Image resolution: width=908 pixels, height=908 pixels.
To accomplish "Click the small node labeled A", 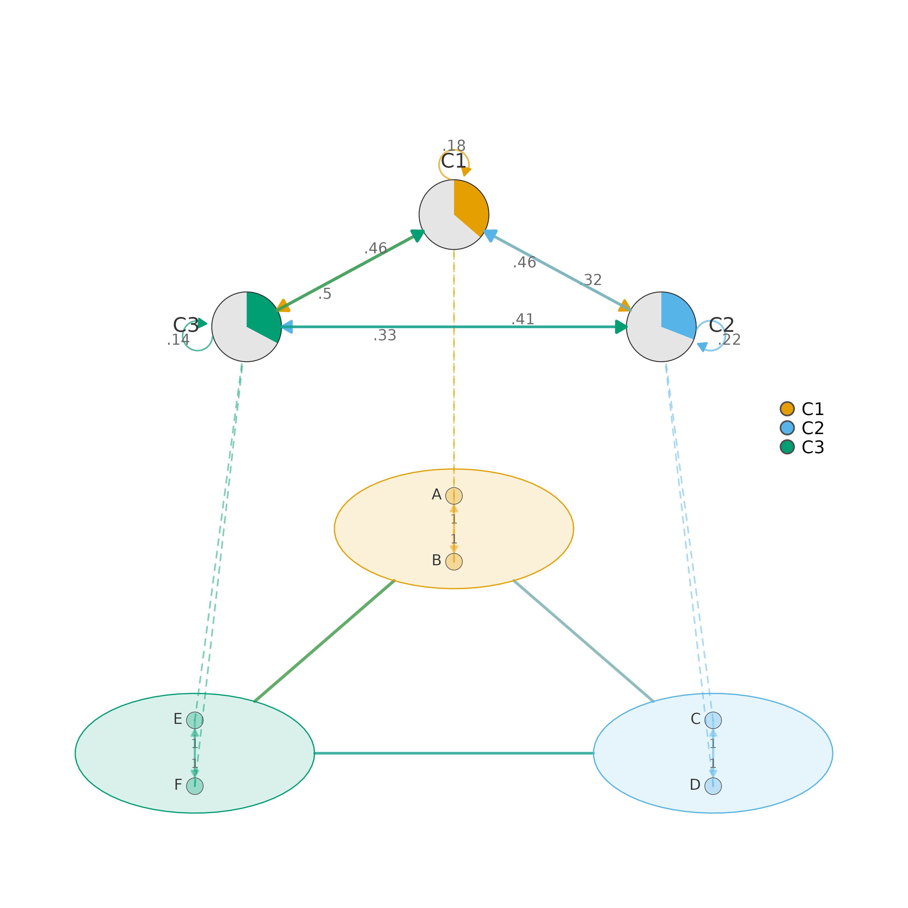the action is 454,496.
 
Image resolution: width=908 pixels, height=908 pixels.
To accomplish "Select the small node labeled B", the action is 454,562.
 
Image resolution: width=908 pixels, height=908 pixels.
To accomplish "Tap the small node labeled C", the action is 713,720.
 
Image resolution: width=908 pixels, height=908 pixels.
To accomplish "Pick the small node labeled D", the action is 713,786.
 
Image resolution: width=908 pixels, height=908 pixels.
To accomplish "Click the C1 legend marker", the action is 787,409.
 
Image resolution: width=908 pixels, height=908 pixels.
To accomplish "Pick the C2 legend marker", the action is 787,428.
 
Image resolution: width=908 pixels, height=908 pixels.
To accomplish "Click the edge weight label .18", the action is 454,146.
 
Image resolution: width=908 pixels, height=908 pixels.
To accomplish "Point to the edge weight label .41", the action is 523,319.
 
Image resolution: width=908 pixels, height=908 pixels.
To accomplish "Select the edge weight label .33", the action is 385,335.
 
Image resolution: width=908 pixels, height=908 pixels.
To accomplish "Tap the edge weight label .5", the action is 325,294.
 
